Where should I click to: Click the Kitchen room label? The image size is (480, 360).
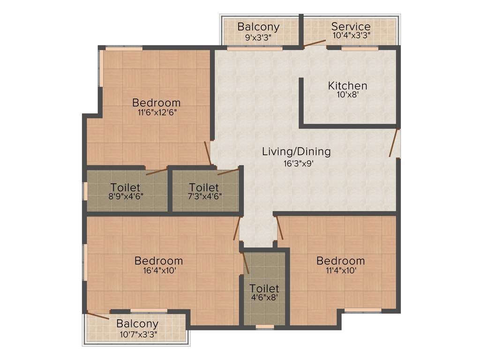347,86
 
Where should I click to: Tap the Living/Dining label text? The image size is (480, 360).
296,151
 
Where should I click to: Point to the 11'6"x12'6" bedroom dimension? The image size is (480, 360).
157,112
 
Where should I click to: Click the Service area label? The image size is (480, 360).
351,26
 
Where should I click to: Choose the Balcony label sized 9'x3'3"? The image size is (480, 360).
258,26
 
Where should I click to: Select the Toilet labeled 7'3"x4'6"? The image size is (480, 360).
204,187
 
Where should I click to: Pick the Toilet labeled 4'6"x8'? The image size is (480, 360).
264,288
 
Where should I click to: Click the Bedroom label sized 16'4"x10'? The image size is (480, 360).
158,261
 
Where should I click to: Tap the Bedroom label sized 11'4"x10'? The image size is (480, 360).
340,261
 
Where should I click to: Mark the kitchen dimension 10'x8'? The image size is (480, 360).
347,94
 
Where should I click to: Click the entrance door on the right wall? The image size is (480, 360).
394,142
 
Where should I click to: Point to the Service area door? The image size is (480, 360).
315,44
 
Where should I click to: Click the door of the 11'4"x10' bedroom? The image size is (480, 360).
279,229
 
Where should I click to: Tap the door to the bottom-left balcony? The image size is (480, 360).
97,315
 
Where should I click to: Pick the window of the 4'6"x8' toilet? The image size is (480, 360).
265,326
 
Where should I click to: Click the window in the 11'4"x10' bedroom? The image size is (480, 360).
363,310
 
